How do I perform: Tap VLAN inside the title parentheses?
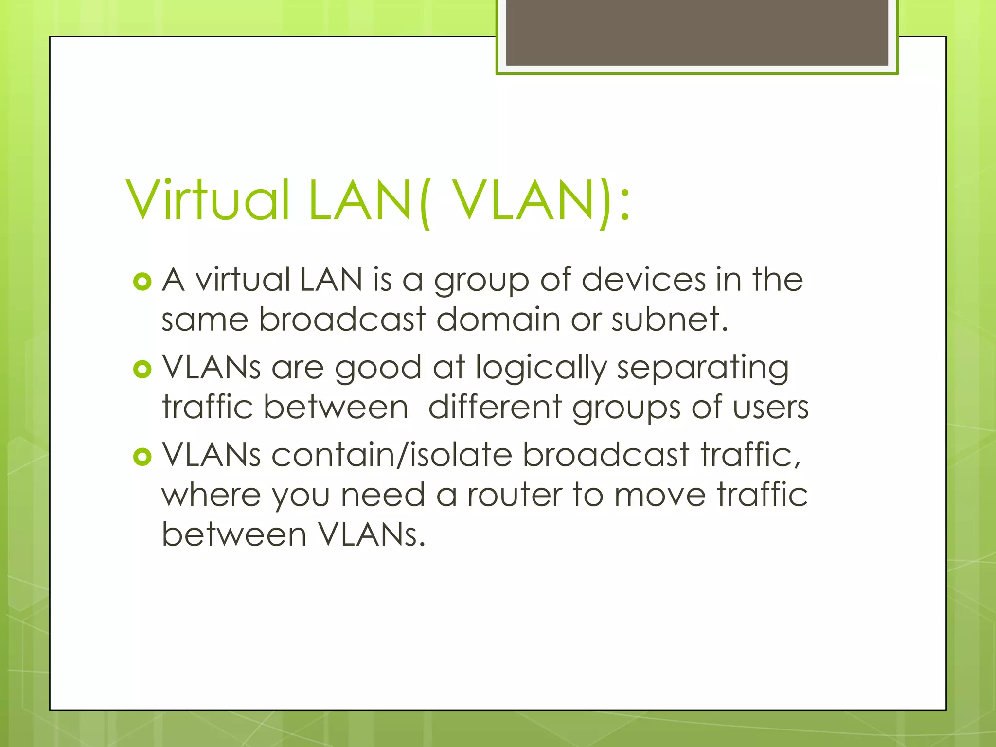(523, 200)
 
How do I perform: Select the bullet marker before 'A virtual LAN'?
(142, 282)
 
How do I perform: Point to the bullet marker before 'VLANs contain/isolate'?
(142, 457)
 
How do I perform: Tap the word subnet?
(669, 320)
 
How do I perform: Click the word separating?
(703, 368)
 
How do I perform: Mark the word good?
(378, 368)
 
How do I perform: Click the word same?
(205, 320)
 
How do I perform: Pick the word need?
(383, 495)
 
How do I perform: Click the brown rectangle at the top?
(697, 33)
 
